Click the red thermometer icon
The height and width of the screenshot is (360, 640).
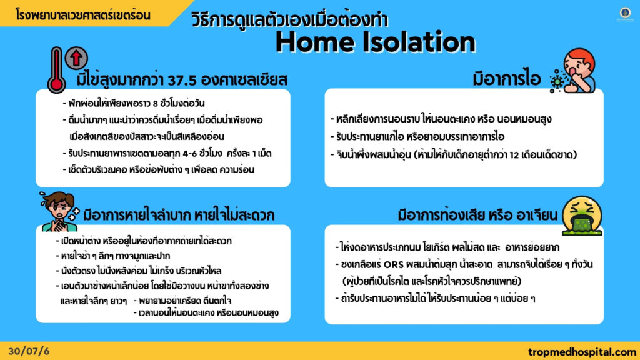coord(56,70)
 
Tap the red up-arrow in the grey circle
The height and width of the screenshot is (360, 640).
coord(76,58)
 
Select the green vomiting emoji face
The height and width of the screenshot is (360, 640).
coord(582,216)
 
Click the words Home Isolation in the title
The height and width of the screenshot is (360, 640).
coord(376,42)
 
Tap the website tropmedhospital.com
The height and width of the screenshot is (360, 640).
coord(582,352)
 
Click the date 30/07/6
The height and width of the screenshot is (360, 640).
coord(29,351)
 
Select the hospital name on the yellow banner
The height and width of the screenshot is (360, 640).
coord(83,15)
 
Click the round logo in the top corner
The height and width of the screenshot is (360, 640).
coord(625,13)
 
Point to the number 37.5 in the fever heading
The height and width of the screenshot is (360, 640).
coord(182,80)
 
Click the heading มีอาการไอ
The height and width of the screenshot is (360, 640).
coord(507,79)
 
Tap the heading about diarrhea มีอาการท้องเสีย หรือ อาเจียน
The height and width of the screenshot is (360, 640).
coord(477,215)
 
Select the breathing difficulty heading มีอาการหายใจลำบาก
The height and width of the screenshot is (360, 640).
coord(137,215)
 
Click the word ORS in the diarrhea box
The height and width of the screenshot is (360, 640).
coord(394,264)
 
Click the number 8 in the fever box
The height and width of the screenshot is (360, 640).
coord(156,103)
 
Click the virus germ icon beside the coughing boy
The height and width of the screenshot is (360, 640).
coord(557,81)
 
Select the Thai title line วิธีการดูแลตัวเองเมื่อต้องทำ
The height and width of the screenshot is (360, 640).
coord(290,19)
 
